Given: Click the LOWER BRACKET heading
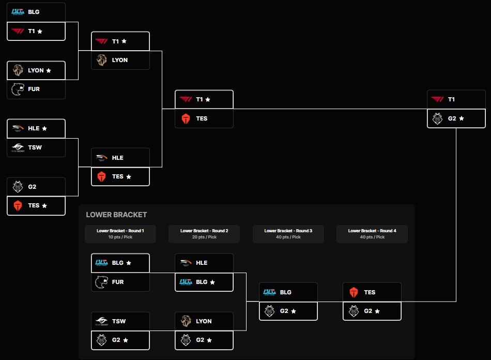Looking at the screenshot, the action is click(116, 215).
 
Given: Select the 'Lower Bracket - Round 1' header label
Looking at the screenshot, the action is click(120, 231).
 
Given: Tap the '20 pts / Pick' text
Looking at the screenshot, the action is click(204, 237).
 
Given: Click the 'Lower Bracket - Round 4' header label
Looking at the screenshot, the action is click(372, 231).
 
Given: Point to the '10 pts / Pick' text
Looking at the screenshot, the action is click(120, 237).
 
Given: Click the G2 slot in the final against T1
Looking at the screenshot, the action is click(456, 118).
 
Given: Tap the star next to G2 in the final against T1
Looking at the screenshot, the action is click(462, 118).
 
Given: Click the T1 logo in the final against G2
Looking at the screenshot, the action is click(437, 99).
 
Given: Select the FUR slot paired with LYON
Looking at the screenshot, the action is click(36, 89).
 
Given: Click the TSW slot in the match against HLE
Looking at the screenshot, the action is click(36, 147).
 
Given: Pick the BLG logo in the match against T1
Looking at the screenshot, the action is click(18, 12).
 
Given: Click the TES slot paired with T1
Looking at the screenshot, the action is click(204, 118).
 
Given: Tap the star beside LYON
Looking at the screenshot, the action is click(49, 70).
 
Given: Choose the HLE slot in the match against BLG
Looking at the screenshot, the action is click(204, 263).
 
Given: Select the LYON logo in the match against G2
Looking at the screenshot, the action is click(186, 321).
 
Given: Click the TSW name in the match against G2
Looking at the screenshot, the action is click(119, 321).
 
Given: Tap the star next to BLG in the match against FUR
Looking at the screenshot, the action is click(129, 263).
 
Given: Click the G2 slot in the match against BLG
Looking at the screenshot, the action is click(288, 311).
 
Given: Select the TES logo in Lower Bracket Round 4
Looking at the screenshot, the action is click(354, 292).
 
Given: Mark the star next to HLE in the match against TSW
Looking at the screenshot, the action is click(44, 128).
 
